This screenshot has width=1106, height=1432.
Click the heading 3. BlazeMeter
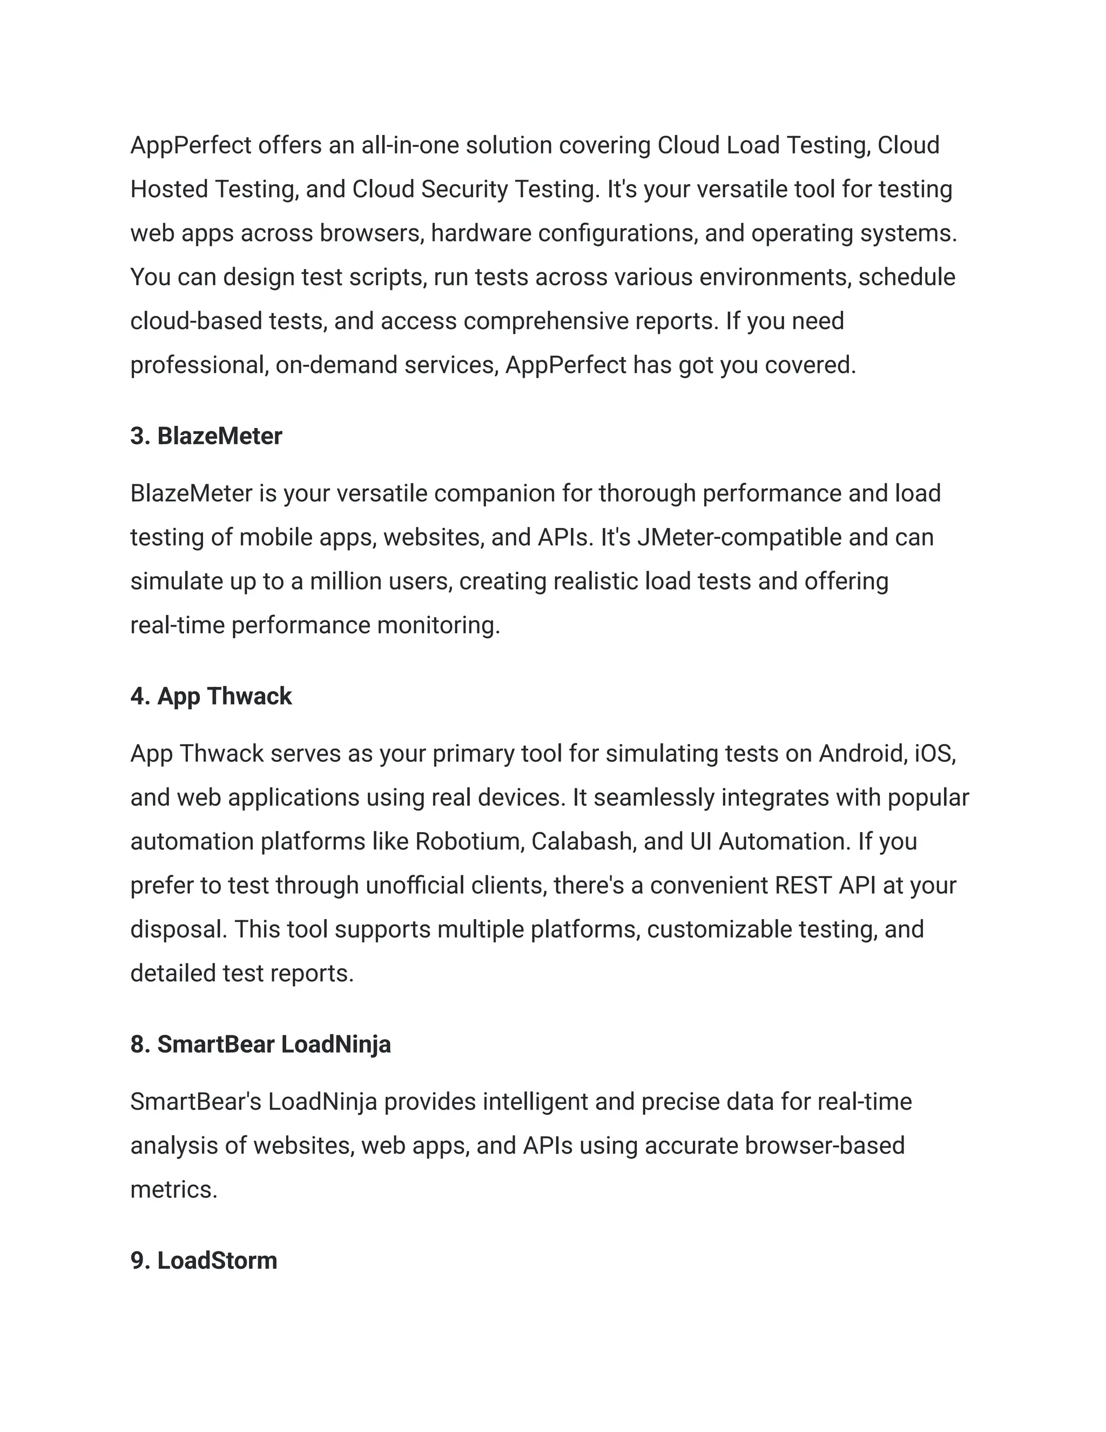click(x=206, y=436)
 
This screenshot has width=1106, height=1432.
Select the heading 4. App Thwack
click(x=211, y=697)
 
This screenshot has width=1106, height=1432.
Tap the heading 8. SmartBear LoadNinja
click(x=260, y=1045)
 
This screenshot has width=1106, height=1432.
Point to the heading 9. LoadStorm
click(x=204, y=1261)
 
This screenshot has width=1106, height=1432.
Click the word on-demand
click(x=336, y=365)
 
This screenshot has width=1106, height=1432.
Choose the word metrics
click(x=174, y=1189)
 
